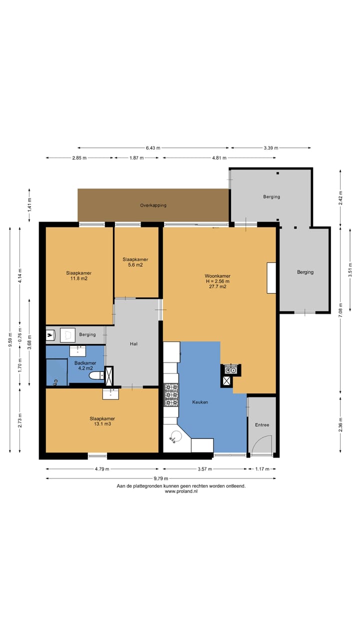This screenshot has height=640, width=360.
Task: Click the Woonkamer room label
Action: pyautogui.click(x=217, y=276)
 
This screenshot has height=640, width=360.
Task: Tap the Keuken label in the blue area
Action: pyautogui.click(x=200, y=402)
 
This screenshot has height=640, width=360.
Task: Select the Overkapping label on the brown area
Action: pyautogui.click(x=153, y=205)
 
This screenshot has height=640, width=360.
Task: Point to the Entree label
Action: pyautogui.click(x=262, y=425)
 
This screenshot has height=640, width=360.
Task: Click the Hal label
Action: pyautogui.click(x=133, y=343)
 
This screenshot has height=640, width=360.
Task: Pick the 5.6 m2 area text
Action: pyautogui.click(x=135, y=265)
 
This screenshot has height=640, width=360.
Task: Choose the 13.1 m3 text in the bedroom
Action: pyautogui.click(x=102, y=424)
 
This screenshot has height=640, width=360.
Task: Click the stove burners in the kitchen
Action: pyautogui.click(x=171, y=395)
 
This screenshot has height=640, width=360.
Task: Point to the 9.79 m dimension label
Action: pyautogui.click(x=161, y=478)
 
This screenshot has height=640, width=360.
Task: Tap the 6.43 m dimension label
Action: pyautogui.click(x=153, y=147)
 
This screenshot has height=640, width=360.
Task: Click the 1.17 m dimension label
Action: pyautogui.click(x=262, y=469)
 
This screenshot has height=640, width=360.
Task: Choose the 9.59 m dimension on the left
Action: pyautogui.click(x=10, y=339)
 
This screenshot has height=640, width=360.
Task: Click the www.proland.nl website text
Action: pyautogui.click(x=181, y=491)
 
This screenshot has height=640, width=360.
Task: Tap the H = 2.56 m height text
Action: pyautogui.click(x=217, y=281)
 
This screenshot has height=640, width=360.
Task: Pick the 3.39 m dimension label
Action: pyautogui.click(x=271, y=147)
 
